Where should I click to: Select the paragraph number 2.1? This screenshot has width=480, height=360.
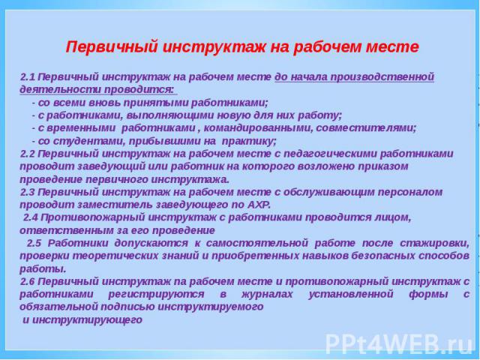click(28, 76)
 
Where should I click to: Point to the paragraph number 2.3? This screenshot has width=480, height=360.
click(28, 192)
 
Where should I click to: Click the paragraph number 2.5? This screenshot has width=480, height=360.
click(34, 243)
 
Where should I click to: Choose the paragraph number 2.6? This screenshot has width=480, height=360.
click(28, 281)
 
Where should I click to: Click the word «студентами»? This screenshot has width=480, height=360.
click(88, 142)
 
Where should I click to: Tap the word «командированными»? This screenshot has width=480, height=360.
click(258, 128)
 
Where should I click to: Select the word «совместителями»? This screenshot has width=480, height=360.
click(366, 128)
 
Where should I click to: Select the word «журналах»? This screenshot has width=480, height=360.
click(267, 295)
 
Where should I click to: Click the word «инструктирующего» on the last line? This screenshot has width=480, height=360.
click(87, 320)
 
